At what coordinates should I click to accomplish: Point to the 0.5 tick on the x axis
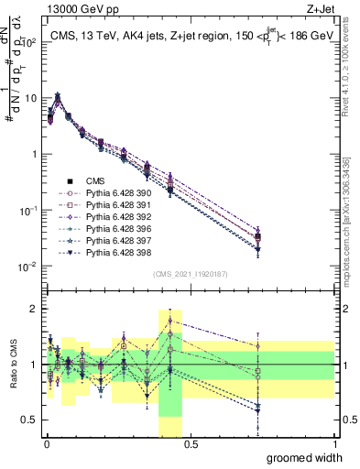190,443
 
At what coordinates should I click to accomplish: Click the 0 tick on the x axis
45,443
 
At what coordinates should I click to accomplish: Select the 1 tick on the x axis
334,443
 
